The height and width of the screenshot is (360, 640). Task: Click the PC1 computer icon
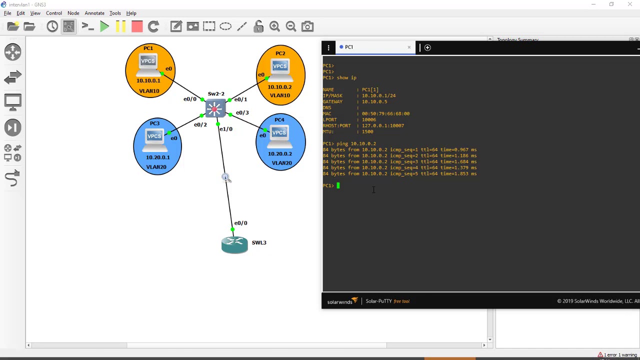[148, 64]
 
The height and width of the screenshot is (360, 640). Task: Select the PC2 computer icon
[280, 69]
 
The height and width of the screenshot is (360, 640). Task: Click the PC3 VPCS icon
[154, 138]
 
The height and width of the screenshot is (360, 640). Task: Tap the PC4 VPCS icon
[279, 135]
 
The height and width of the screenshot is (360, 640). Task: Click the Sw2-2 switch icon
[215, 108]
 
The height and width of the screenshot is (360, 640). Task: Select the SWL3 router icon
[234, 244]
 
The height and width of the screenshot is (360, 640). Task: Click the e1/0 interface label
[226, 129]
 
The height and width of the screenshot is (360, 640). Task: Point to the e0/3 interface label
[242, 112]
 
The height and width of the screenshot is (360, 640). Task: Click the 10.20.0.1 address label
[157, 157]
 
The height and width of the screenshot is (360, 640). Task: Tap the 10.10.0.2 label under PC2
[280, 87]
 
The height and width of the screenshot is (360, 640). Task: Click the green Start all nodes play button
[104, 26]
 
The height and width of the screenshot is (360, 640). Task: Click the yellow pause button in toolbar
[120, 26]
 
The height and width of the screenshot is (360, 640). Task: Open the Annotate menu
[94, 13]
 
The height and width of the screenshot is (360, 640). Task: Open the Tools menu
[115, 13]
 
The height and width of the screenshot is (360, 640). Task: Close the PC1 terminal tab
[409, 47]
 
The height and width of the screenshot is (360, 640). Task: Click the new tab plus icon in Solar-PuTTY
[427, 47]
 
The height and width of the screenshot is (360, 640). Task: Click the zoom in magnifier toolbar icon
[274, 26]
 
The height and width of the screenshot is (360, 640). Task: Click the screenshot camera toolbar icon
[307, 26]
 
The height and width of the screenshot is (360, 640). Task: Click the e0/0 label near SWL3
[240, 223]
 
